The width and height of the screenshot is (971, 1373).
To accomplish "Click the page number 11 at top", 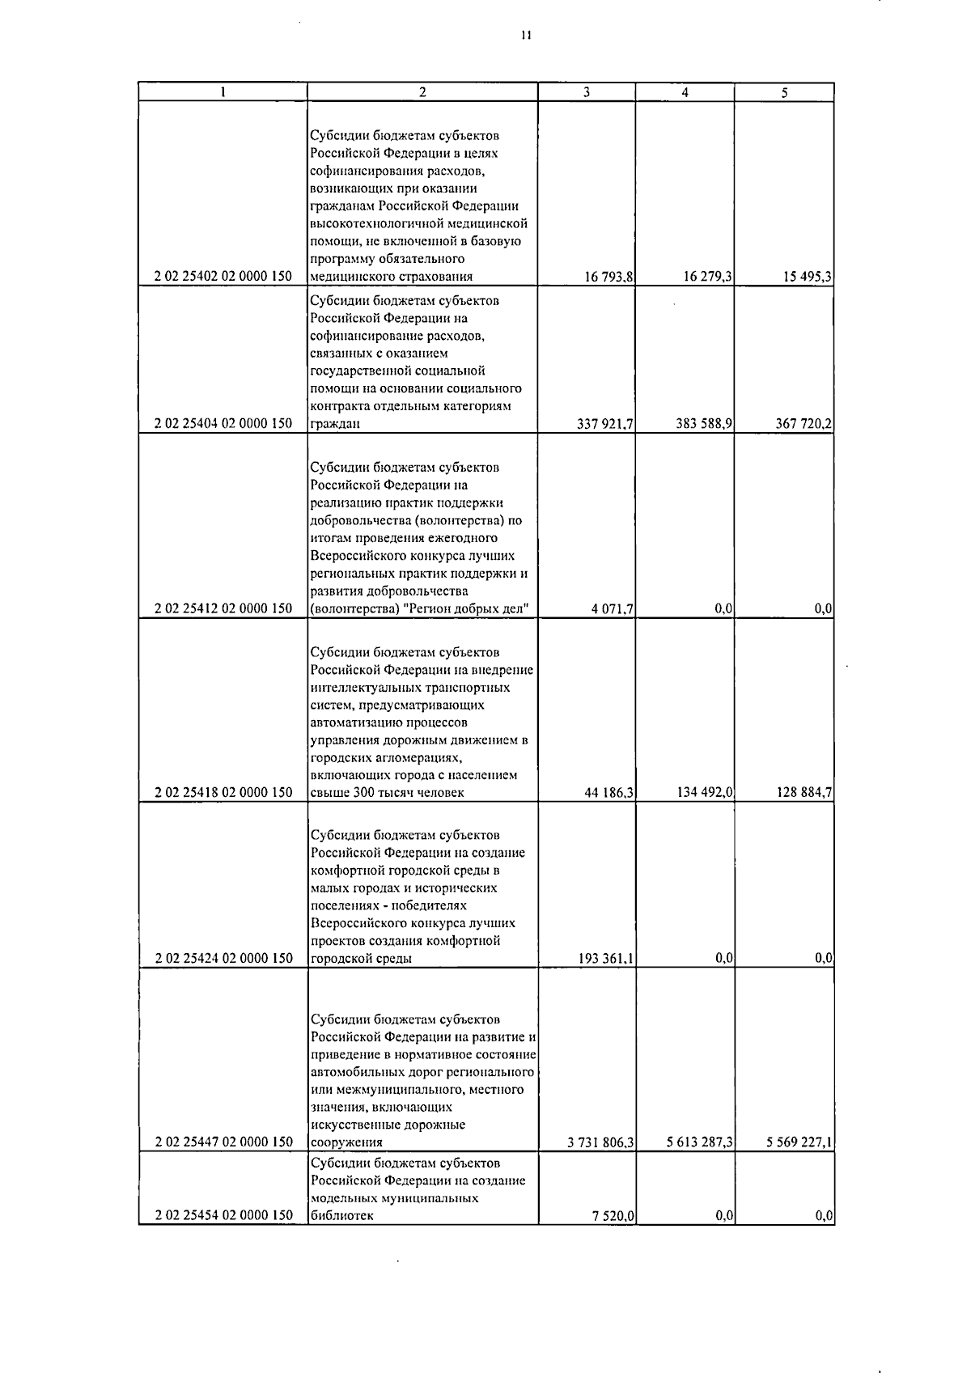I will click(x=526, y=35).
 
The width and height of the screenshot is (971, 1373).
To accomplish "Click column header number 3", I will click(x=587, y=92).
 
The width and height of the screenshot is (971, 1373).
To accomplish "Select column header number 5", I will click(x=784, y=92).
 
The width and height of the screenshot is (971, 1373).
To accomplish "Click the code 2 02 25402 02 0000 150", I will click(x=223, y=277).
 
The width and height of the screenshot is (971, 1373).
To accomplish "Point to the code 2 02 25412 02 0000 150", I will click(x=223, y=609).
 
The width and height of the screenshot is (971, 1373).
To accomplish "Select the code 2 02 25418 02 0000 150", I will click(x=223, y=793).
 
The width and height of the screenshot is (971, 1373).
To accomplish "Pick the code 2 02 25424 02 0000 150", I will click(x=223, y=959).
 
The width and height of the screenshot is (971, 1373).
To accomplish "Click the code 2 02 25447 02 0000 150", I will click(x=223, y=1142).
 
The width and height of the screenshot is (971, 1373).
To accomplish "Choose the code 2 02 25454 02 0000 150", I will click(x=223, y=1216).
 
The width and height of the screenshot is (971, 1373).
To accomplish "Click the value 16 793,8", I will click(x=609, y=277).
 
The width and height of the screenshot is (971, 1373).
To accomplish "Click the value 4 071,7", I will click(x=613, y=609).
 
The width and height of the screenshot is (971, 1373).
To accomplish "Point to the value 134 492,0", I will click(x=705, y=793).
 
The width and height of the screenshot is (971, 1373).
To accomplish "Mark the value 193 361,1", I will click(x=606, y=959).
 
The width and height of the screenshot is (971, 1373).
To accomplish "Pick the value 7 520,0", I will click(x=613, y=1216).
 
